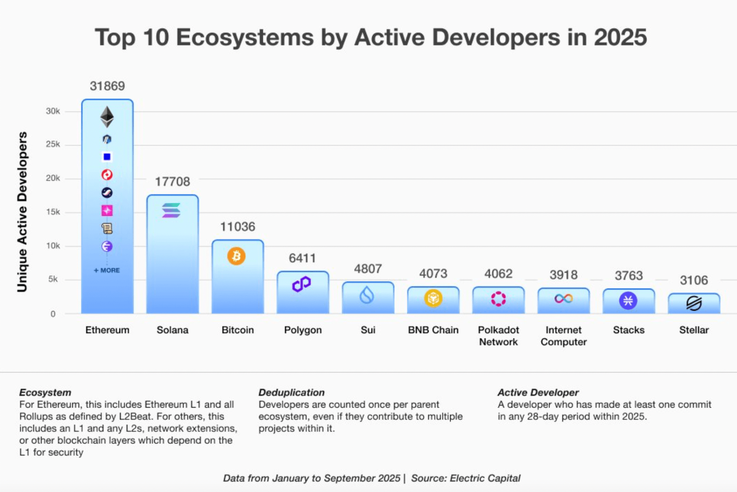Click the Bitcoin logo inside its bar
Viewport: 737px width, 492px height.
click(x=236, y=256)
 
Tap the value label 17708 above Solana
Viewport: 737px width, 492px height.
click(x=173, y=182)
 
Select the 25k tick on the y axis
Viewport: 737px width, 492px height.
click(x=53, y=144)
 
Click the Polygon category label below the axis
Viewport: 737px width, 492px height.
click(x=303, y=330)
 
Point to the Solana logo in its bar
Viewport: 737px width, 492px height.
click(x=171, y=210)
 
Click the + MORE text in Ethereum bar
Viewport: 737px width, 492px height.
click(x=107, y=270)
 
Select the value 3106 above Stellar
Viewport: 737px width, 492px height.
click(x=694, y=280)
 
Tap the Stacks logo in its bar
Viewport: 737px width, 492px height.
click(x=628, y=301)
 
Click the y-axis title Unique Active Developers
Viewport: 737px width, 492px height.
click(x=22, y=212)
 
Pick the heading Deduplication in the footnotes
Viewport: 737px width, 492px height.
click(x=291, y=392)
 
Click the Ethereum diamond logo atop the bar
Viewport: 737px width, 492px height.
click(x=107, y=117)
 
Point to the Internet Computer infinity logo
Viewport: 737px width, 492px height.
click(x=563, y=299)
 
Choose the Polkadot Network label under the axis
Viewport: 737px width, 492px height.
click(x=498, y=336)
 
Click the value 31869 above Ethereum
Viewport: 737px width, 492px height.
click(x=107, y=86)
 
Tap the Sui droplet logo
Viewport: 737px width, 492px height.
click(x=367, y=295)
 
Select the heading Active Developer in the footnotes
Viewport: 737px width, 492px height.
click(x=538, y=392)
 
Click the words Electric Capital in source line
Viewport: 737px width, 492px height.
click(x=485, y=478)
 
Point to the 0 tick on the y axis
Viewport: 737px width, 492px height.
click(x=53, y=314)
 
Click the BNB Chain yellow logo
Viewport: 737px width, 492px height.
click(x=433, y=299)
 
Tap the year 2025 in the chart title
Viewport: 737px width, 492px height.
click(x=620, y=37)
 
